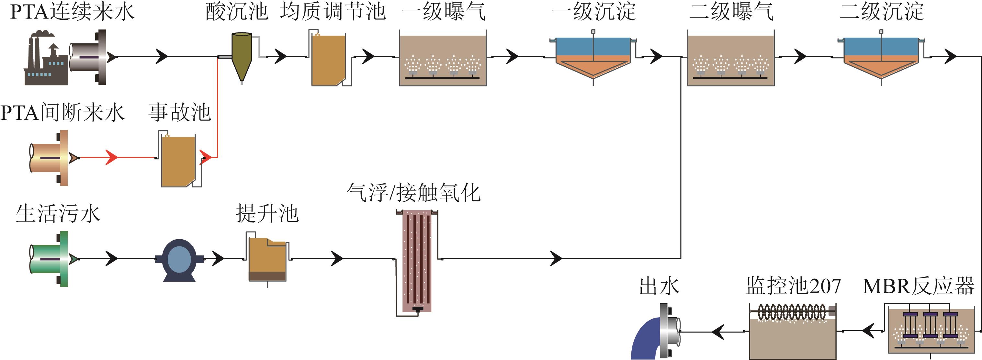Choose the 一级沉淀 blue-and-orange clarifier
pos(593,57)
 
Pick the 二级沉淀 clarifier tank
pos(881,57)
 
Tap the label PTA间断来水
pos(62,113)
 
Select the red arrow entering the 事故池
pos(111,157)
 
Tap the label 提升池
pos(267,214)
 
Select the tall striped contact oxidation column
pos(417,261)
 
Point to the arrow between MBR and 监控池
pos(868,331)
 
